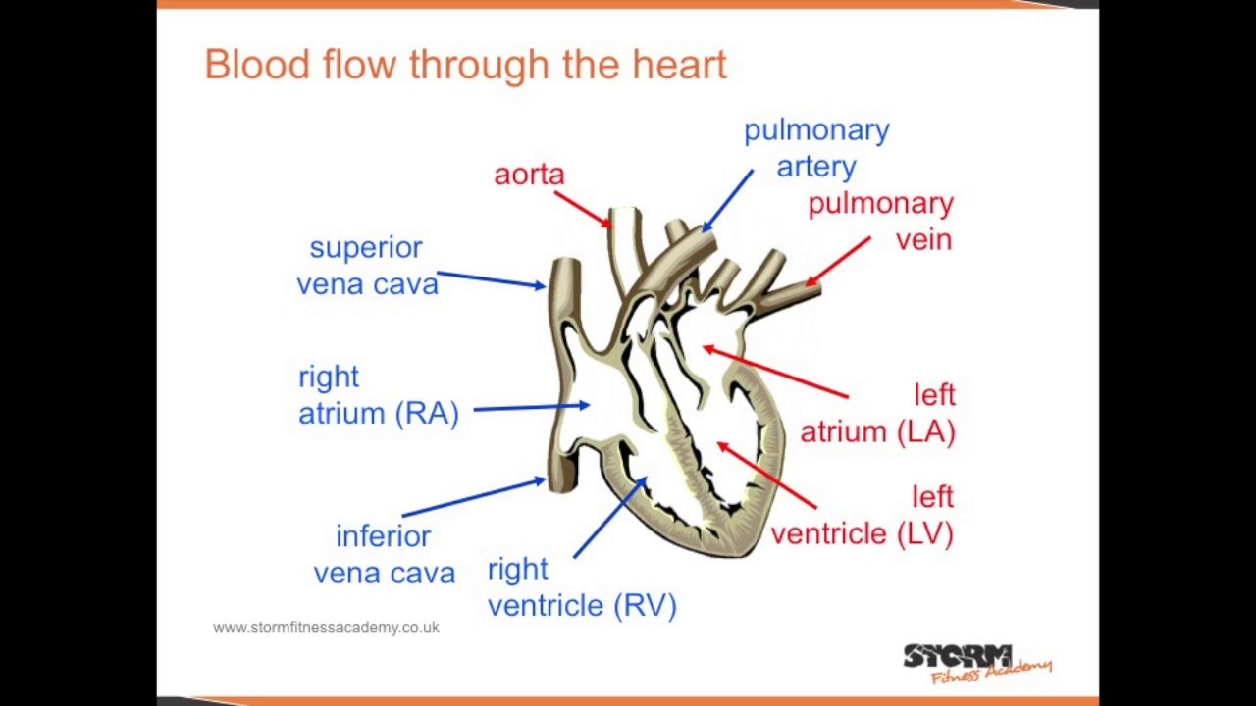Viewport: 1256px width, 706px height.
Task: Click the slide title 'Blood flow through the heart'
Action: pyautogui.click(x=465, y=65)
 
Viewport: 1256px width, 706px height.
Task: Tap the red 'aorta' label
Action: pyautogui.click(x=529, y=175)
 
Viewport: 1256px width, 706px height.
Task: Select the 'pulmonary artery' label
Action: pyautogui.click(x=816, y=148)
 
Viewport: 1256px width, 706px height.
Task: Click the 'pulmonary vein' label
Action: pyautogui.click(x=880, y=221)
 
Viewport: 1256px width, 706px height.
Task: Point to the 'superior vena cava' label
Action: pyautogui.click(x=367, y=266)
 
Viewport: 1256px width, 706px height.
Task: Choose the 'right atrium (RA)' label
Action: pyautogui.click(x=379, y=395)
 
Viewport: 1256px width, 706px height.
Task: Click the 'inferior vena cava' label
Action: pyautogui.click(x=384, y=555)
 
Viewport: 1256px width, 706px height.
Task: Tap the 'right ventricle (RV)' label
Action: pyautogui.click(x=582, y=587)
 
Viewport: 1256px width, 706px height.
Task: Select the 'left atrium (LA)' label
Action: pyautogui.click(x=877, y=413)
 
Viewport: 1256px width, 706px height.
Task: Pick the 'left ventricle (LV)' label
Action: pyautogui.click(x=862, y=516)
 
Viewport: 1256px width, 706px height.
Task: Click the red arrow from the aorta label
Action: pyautogui.click(x=583, y=209)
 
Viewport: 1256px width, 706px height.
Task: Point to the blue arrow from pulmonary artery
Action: pyautogui.click(x=727, y=200)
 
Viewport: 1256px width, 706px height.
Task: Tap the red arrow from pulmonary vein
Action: pyautogui.click(x=838, y=261)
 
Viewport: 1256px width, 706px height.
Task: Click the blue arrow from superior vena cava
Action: pyautogui.click(x=491, y=279)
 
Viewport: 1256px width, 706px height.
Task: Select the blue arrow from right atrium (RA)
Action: pyautogui.click(x=531, y=407)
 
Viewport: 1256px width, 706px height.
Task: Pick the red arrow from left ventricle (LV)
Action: pyautogui.click(x=766, y=476)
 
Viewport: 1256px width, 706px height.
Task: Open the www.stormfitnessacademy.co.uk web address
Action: pyautogui.click(x=326, y=628)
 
